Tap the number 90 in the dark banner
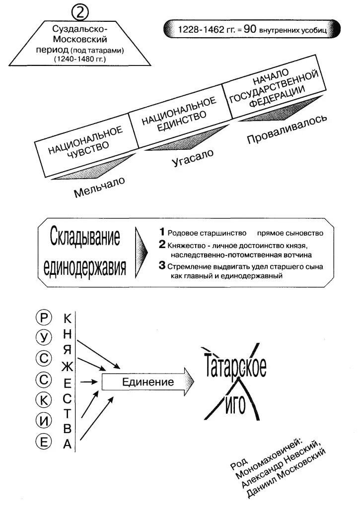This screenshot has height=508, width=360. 250,29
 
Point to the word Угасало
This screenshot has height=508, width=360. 193,157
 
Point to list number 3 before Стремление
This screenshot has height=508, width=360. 161,266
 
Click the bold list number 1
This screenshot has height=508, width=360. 161,232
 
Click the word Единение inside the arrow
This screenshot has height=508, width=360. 148,382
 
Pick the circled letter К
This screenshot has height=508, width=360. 44,400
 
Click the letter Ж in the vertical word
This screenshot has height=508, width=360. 68,367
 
